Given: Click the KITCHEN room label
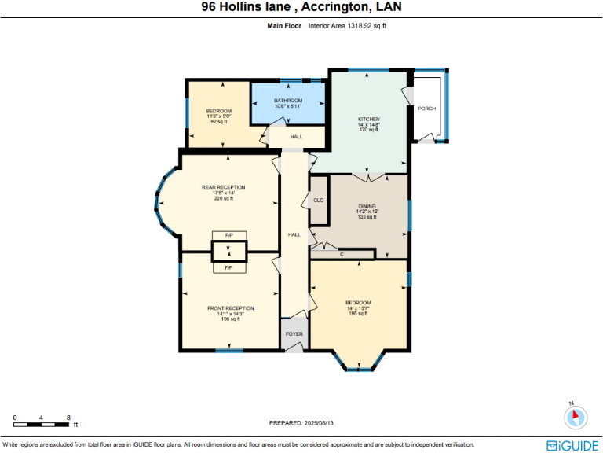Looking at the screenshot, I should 368,119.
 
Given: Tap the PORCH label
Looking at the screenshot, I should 426,109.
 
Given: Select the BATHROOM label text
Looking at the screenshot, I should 288,101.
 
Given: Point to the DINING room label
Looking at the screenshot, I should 367,205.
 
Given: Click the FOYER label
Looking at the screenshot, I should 294,334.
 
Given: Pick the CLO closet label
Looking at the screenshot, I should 318,201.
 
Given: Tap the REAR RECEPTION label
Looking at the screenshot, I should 224,187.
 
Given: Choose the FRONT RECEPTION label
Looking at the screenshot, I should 231,308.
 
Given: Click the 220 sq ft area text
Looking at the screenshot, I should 225,198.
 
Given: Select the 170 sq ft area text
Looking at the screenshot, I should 368,130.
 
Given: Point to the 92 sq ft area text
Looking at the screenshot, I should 218,122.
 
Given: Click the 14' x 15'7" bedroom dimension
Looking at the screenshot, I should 358,308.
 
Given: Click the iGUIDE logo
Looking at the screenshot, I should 574,444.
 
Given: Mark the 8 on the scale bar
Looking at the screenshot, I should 69,417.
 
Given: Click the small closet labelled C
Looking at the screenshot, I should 342,254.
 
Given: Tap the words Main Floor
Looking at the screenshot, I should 284,26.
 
